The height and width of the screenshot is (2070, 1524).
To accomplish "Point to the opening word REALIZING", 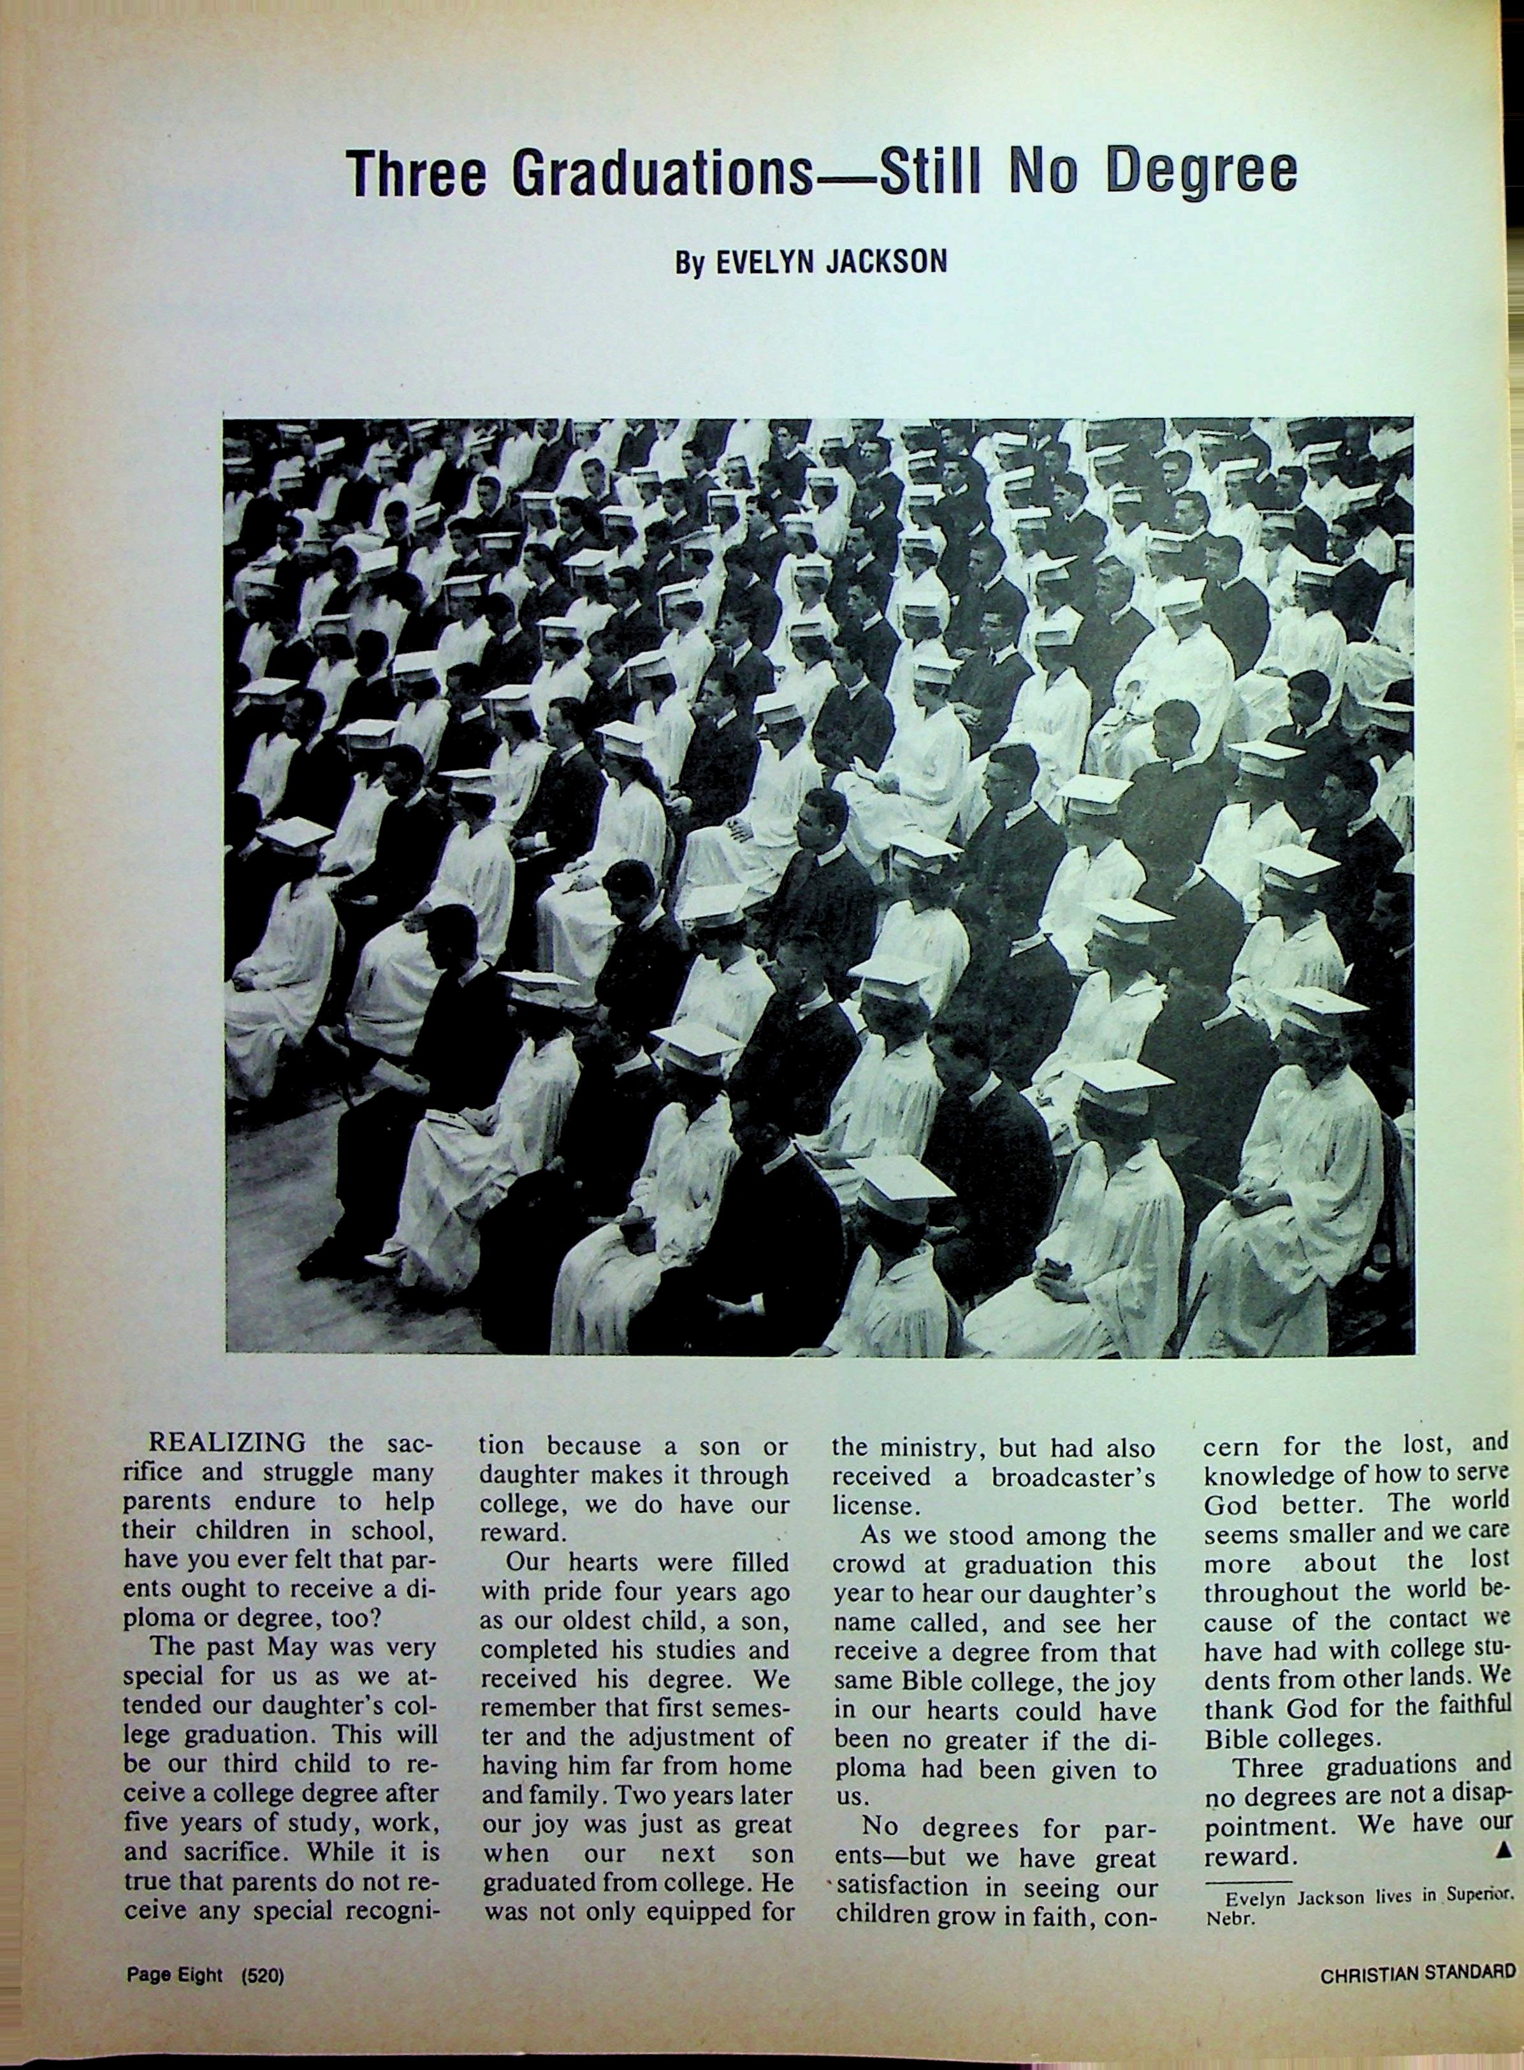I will (x=228, y=1442).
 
